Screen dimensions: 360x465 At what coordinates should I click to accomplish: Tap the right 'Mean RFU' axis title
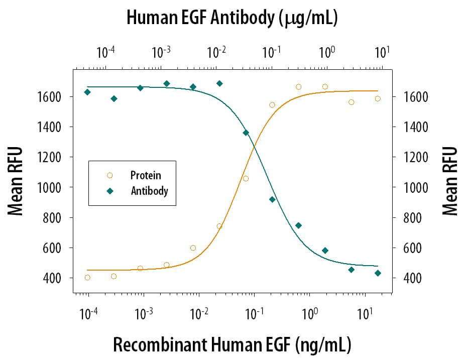[450, 181]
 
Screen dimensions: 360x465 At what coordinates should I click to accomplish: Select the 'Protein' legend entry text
[146, 175]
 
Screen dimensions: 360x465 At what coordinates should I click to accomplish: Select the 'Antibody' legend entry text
[149, 191]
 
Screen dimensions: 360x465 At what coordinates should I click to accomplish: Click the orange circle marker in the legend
[110, 175]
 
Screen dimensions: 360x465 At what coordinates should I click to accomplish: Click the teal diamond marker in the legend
[110, 191]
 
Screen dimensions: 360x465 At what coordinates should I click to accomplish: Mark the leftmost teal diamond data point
[87, 92]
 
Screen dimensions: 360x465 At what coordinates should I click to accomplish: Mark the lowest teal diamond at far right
[378, 273]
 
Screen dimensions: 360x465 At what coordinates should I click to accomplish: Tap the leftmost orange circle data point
[87, 278]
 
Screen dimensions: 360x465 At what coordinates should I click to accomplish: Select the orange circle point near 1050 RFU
[246, 179]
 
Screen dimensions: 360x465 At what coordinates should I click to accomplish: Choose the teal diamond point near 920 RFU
[272, 199]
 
